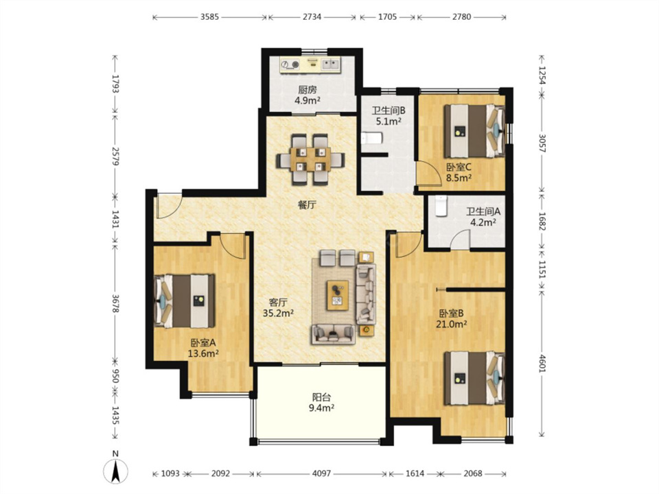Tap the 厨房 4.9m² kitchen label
click(x=308, y=95)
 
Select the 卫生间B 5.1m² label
click(x=389, y=116)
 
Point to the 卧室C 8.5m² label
click(x=459, y=172)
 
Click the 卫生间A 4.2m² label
click(x=483, y=217)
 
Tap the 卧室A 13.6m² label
click(x=203, y=349)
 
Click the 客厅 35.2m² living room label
click(x=278, y=307)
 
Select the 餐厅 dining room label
click(x=307, y=205)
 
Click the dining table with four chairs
click(x=310, y=159)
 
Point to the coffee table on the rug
click(x=338, y=295)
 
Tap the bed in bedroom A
click(x=185, y=301)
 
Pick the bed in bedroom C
click(x=474, y=130)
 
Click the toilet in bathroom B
click(x=372, y=138)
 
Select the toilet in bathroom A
click(x=441, y=206)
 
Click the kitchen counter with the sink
click(x=310, y=64)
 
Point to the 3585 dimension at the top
click(x=210, y=17)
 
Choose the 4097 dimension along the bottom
click(x=321, y=474)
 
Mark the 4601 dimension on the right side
click(x=542, y=364)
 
